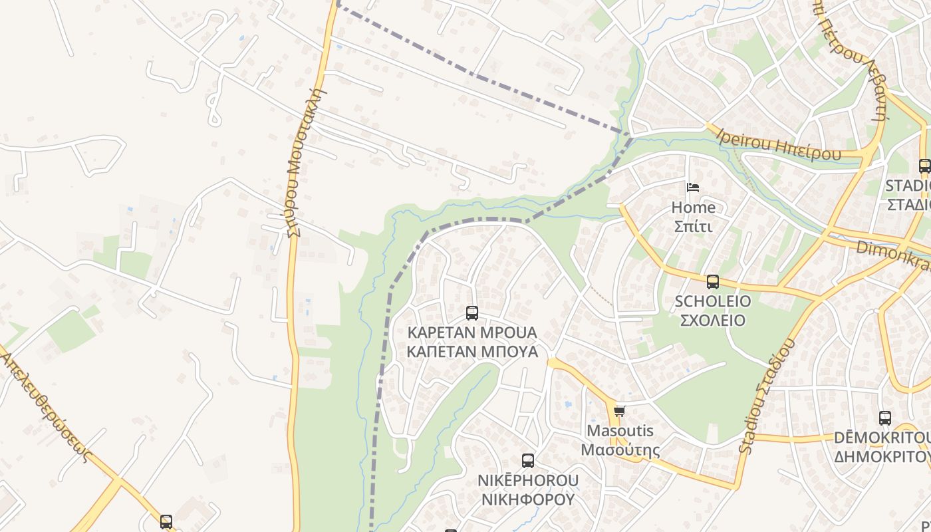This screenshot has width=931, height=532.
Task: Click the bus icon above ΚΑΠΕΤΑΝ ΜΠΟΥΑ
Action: coord(471,313)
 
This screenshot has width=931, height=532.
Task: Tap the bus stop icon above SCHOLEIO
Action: coord(713,282)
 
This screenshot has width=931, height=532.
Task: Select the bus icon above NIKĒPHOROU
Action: coord(527,460)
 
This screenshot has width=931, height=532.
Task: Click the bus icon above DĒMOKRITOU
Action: coord(884,418)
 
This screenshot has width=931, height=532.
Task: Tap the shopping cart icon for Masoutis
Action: coord(619,412)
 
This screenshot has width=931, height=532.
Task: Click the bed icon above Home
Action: coord(693,188)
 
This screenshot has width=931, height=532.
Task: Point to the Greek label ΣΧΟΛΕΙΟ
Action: coord(712,321)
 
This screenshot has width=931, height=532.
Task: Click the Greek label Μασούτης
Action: coord(620,450)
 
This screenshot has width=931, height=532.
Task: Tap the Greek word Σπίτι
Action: coord(693,227)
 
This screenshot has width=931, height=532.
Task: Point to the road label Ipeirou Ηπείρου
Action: coord(779,145)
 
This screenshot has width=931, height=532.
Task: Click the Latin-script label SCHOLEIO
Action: coord(712,301)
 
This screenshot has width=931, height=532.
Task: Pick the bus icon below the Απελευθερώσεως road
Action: coord(166,521)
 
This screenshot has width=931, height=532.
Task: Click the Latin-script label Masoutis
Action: coord(620,431)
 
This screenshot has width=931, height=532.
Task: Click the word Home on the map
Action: coord(693,207)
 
